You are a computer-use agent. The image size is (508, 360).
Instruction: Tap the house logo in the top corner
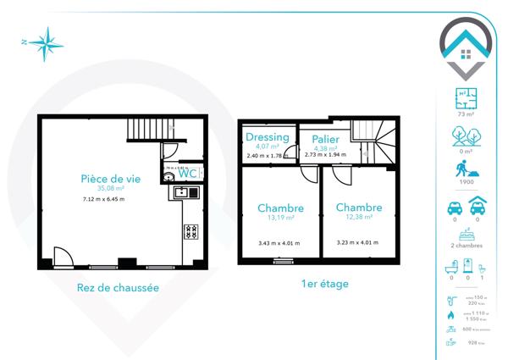(x=464, y=47)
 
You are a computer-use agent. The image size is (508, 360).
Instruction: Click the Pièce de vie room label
(x=110, y=179)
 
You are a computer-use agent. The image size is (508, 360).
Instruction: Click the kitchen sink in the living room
(x=182, y=192)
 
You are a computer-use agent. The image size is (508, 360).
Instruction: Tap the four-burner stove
(x=190, y=230)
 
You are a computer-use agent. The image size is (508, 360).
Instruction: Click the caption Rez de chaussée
(x=117, y=287)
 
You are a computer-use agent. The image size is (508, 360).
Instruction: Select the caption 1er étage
(x=325, y=284)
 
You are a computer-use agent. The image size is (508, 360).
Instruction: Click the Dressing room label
(x=267, y=137)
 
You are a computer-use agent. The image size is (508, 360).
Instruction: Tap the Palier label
(x=325, y=139)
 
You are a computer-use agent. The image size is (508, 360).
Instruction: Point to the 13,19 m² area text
(x=278, y=218)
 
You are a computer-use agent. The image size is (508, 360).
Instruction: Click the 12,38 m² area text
(x=358, y=217)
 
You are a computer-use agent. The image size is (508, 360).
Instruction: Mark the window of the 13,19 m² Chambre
(x=280, y=260)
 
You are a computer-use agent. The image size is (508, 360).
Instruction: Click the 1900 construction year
(x=464, y=181)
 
